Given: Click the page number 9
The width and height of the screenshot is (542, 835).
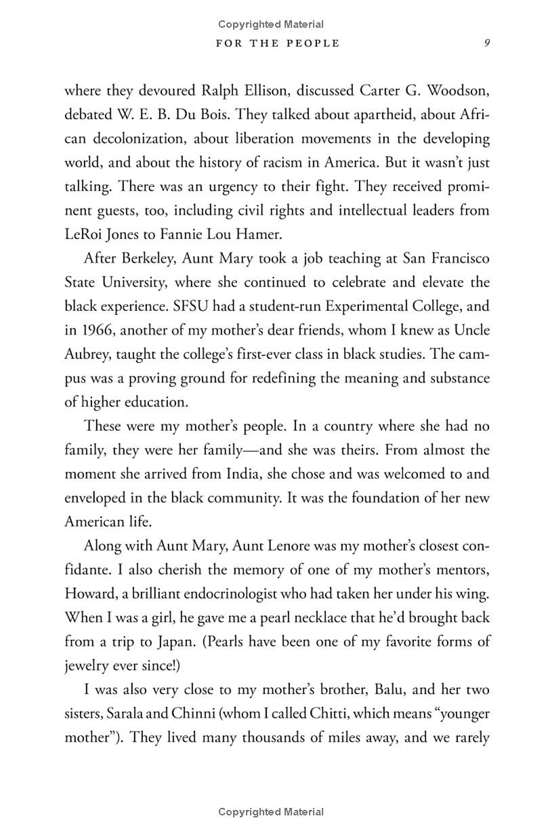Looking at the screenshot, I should [486, 43].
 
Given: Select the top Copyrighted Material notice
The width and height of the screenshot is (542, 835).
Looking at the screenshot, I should [271, 24].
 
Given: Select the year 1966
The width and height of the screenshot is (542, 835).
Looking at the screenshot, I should [98, 330].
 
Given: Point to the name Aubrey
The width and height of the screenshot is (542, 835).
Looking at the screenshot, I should [85, 354].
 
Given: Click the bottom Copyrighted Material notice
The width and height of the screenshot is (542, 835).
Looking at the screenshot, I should [271, 811].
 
